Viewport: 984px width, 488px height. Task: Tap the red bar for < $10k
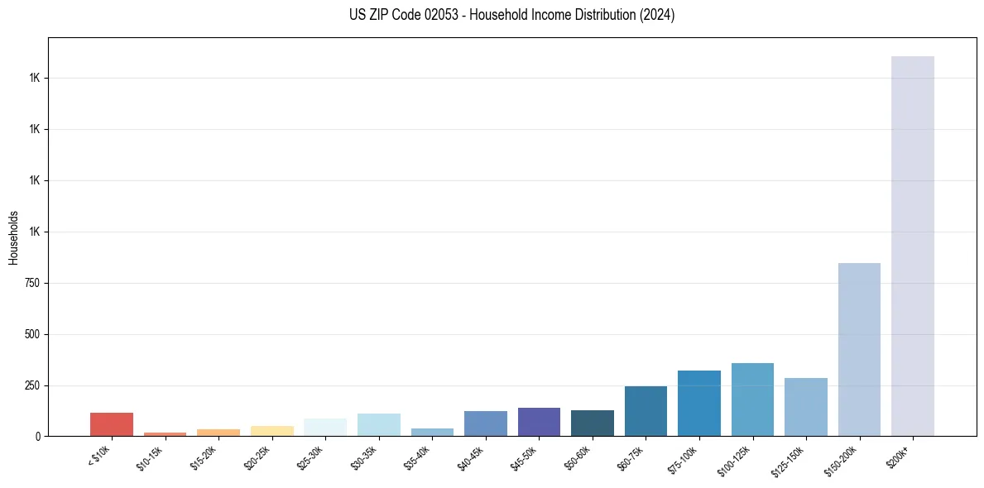pyautogui.click(x=112, y=424)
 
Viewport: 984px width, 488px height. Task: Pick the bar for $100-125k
pyautogui.click(x=752, y=399)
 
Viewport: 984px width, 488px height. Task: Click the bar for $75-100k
pyautogui.click(x=699, y=404)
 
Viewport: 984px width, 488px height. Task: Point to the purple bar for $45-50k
pyautogui.click(x=539, y=422)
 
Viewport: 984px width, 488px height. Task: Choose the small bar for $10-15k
pyautogui.click(x=165, y=433)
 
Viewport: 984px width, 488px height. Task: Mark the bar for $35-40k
pyautogui.click(x=432, y=432)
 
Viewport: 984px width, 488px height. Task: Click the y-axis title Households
pyautogui.click(x=13, y=237)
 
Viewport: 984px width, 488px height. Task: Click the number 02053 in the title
pyautogui.click(x=441, y=15)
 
